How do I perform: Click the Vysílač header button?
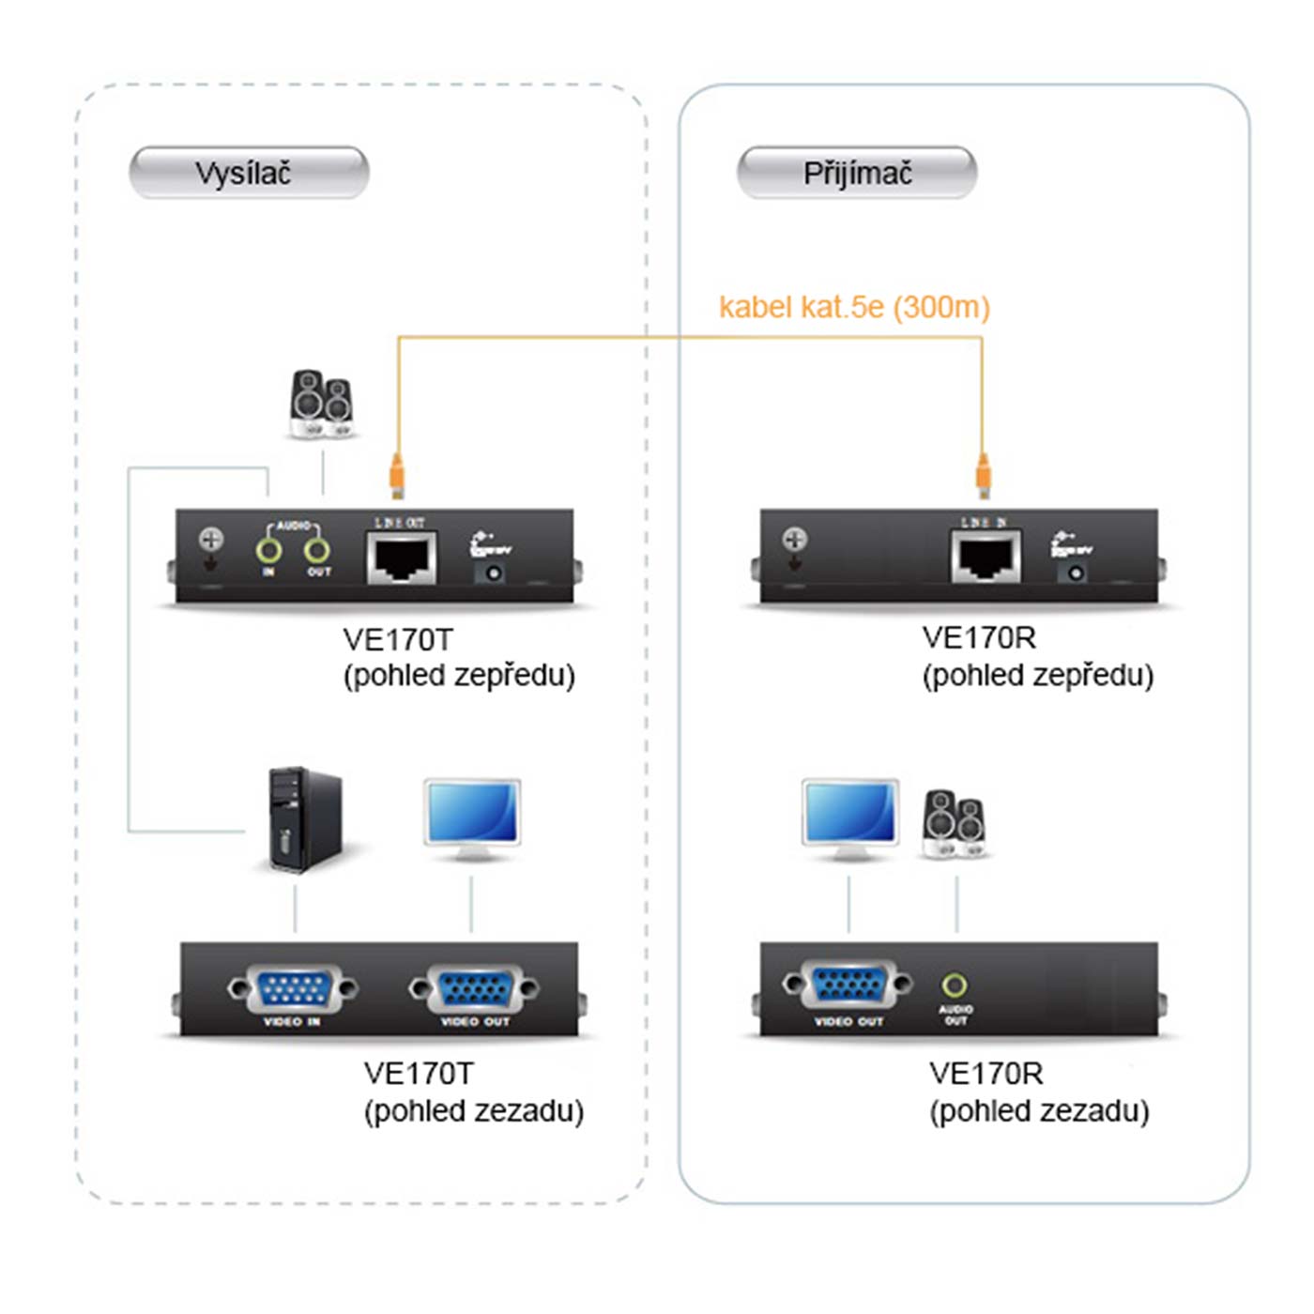tap(249, 173)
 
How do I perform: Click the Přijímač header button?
tap(857, 173)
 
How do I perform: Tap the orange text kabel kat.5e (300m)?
tap(854, 307)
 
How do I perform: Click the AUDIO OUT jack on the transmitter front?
tap(317, 550)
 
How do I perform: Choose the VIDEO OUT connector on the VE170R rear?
tap(848, 985)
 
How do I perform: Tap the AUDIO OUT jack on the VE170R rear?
tap(955, 985)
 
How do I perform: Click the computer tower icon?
tap(303, 819)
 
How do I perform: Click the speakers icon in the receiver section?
tap(954, 824)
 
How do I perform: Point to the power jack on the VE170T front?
tap(491, 572)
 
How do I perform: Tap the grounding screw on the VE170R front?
tap(795, 539)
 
